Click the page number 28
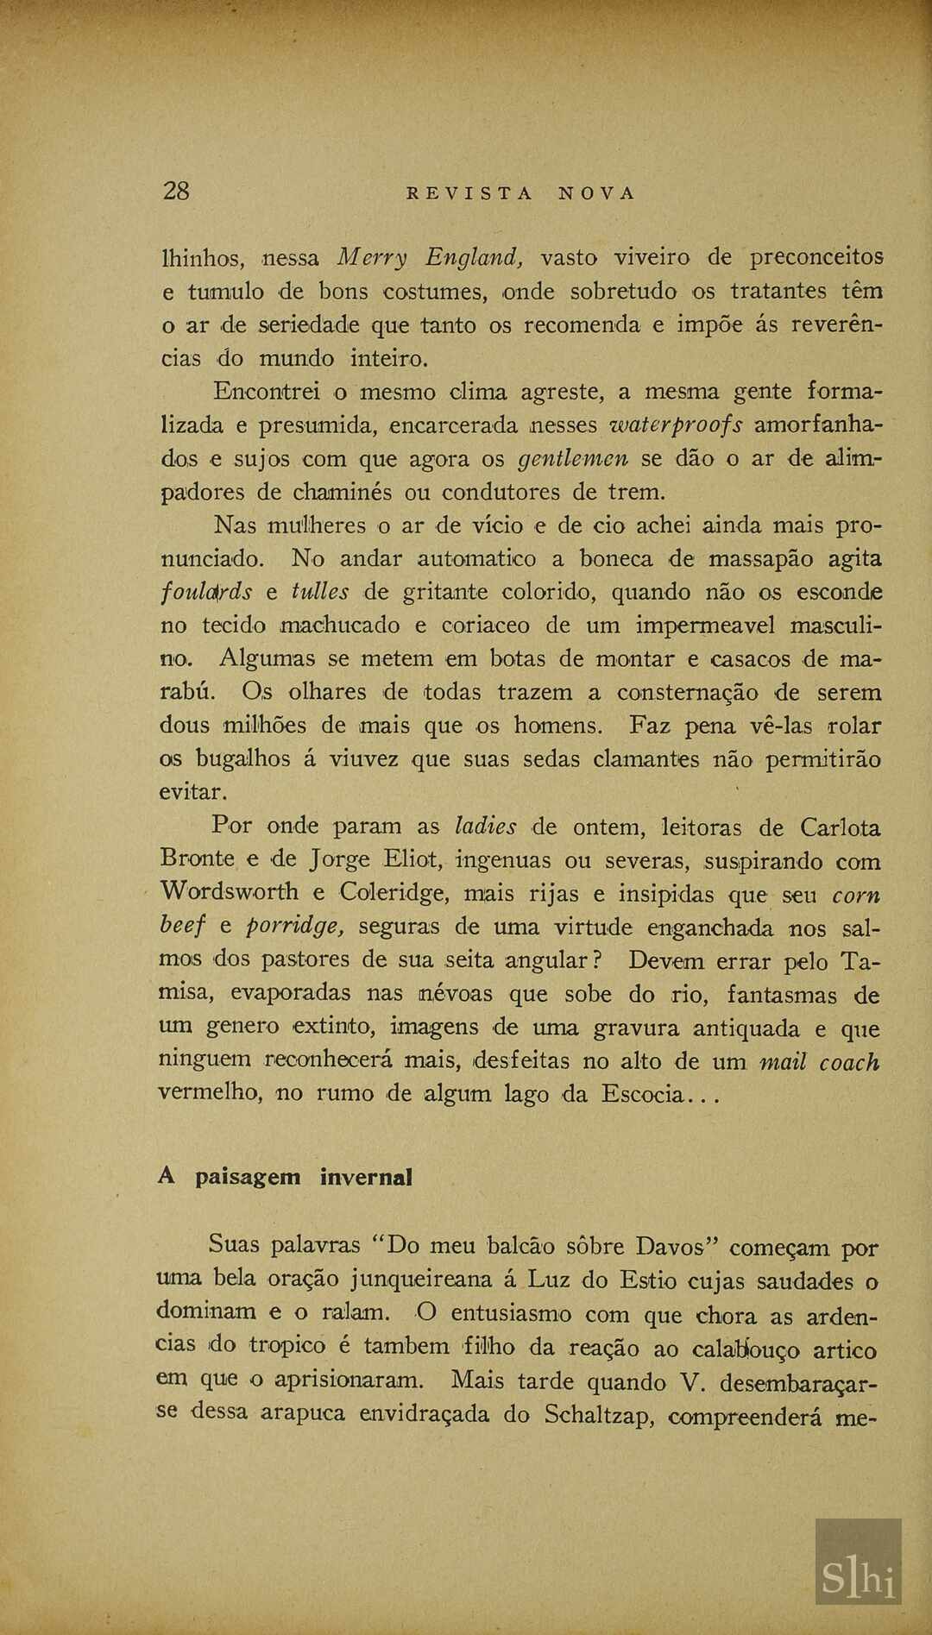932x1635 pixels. (176, 191)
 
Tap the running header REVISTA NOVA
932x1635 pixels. (520, 193)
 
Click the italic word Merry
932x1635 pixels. (372, 257)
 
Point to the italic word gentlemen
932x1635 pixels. (572, 459)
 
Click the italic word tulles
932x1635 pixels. (320, 592)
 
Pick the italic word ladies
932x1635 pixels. (485, 827)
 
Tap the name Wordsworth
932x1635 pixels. (230, 891)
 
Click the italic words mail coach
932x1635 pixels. (819, 1061)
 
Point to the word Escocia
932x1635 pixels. (644, 1094)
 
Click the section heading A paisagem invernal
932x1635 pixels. (285, 1177)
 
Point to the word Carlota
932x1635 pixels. (840, 827)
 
